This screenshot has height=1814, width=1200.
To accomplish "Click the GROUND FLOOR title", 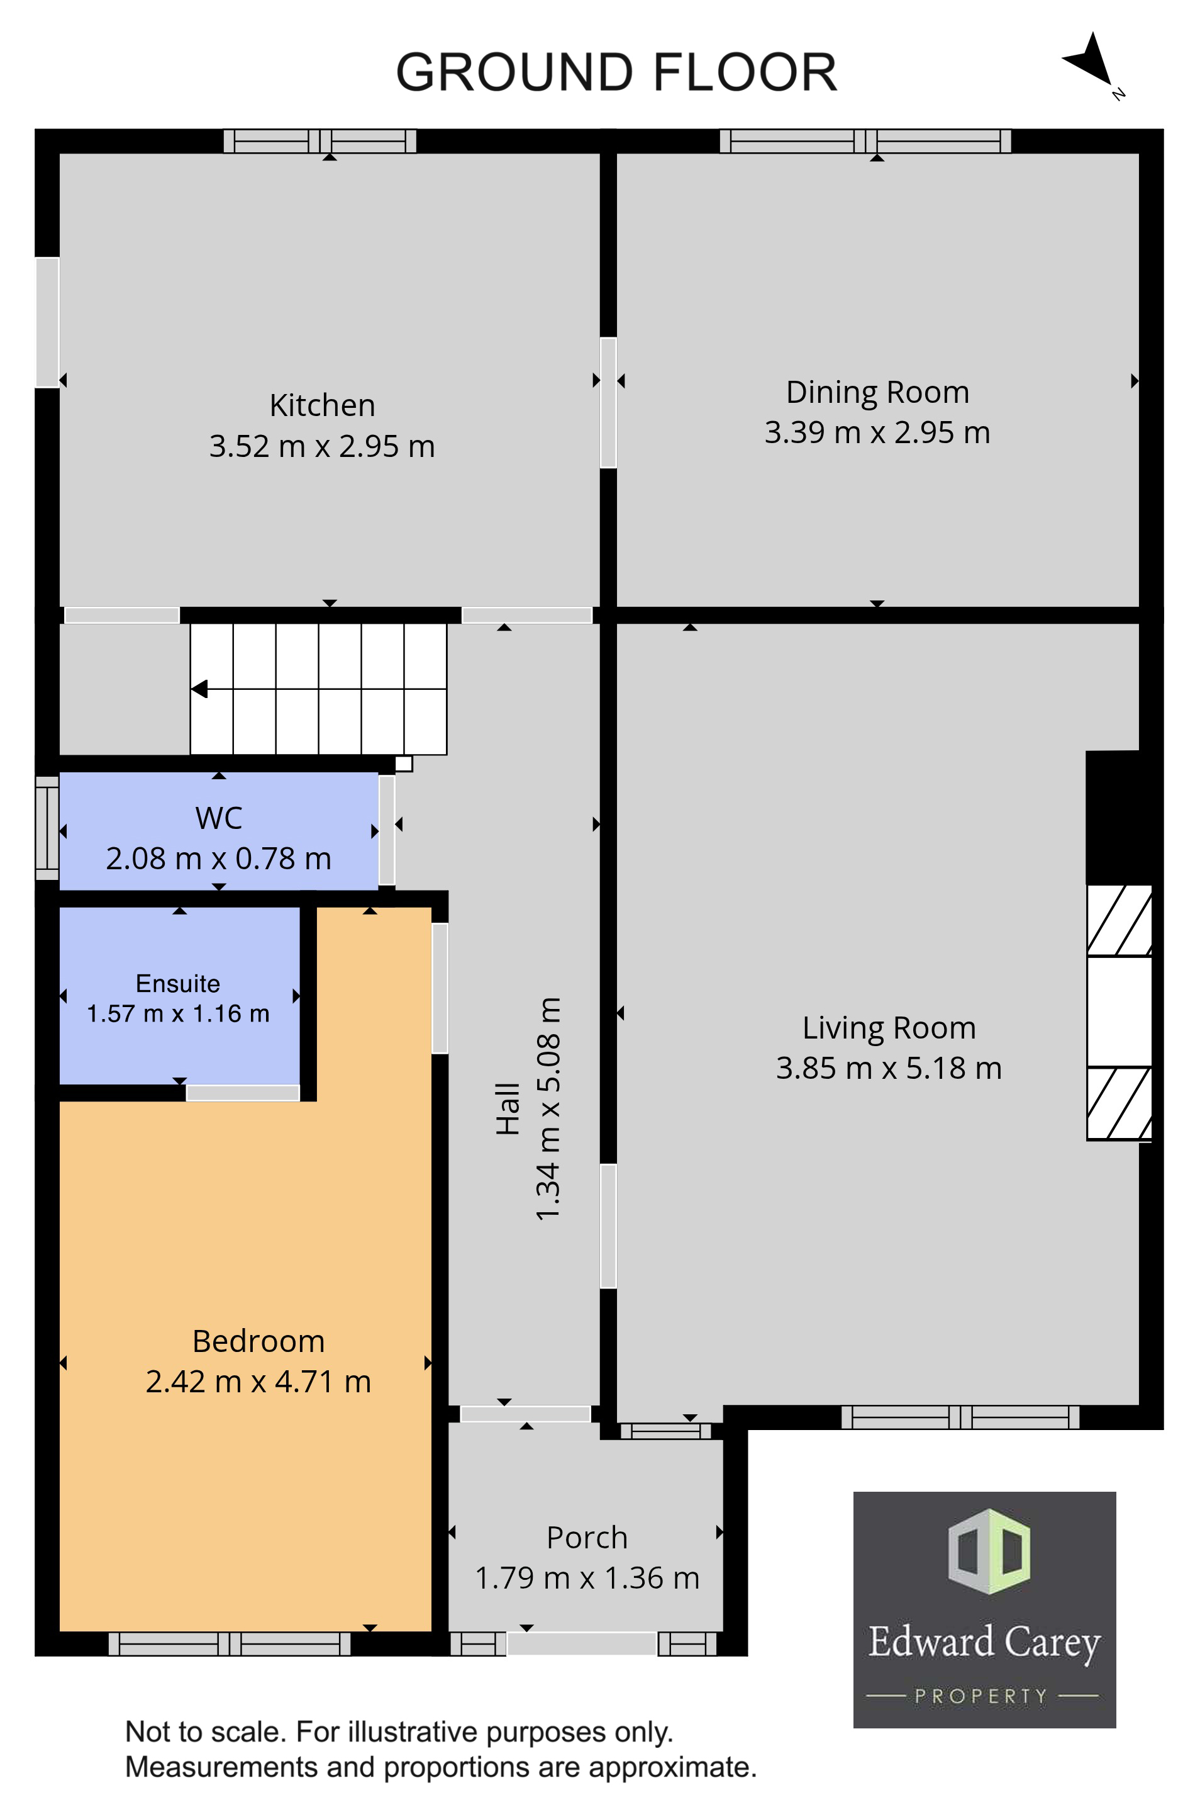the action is click(x=616, y=73).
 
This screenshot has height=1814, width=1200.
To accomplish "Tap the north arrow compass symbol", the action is click(x=1090, y=61).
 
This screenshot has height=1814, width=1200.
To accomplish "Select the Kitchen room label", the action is click(x=322, y=405).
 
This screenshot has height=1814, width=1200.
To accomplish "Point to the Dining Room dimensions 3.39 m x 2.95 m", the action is click(x=877, y=432).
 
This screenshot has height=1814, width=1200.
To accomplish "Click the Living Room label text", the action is click(x=889, y=1028).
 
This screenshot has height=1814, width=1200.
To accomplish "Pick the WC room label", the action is click(x=219, y=818).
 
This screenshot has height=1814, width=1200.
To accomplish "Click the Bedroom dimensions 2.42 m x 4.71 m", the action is click(x=258, y=1382).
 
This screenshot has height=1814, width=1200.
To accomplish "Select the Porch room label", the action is click(x=587, y=1538).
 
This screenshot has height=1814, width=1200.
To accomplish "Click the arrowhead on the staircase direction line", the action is click(x=199, y=689).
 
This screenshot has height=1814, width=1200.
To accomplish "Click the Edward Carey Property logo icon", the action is click(x=989, y=1552).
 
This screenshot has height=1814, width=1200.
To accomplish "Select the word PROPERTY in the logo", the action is click(x=981, y=1696).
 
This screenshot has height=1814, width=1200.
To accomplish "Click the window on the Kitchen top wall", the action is click(x=320, y=141).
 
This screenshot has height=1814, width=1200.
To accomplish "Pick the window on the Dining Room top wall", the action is click(x=865, y=141).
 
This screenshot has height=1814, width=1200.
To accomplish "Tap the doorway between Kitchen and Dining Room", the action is click(x=608, y=403).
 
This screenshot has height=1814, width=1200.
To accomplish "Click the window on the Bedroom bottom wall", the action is click(x=230, y=1643).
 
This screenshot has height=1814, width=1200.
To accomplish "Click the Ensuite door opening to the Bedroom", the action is click(x=243, y=1093).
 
